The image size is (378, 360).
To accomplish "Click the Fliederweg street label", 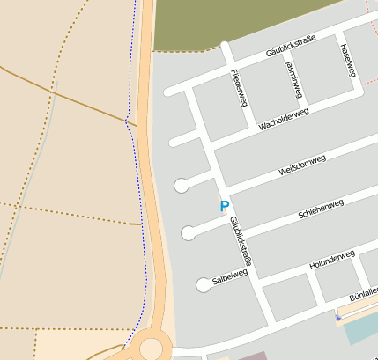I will pyautogui.click(x=237, y=88).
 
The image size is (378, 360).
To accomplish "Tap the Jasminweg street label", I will pyautogui.click(x=294, y=78).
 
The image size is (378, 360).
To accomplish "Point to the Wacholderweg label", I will pyautogui.click(x=283, y=119).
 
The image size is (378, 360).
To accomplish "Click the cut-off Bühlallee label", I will pyautogui.click(x=363, y=294).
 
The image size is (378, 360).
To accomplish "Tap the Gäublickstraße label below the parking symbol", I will pyautogui.click(x=241, y=241).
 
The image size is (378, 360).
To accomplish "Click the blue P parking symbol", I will pyautogui.click(x=224, y=206).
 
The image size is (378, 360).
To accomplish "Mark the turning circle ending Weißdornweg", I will pyautogui.click(x=181, y=185).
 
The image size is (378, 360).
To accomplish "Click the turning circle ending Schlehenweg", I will pyautogui.click(x=188, y=233).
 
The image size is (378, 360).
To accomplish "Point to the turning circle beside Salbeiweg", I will pyautogui.click(x=204, y=284).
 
